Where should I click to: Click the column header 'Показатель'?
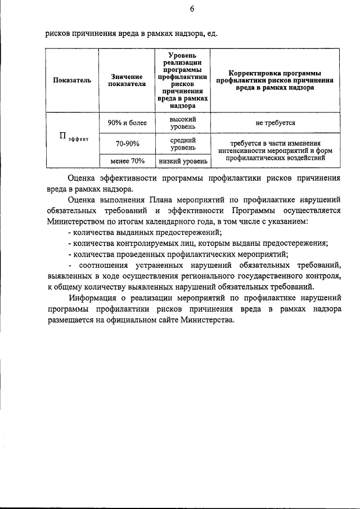tap(72, 80)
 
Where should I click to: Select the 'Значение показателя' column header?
tap(127, 80)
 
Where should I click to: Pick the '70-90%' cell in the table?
tap(127, 144)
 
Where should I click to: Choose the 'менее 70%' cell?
tap(127, 161)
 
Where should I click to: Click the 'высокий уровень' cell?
tap(183, 123)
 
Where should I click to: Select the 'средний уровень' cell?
tap(183, 144)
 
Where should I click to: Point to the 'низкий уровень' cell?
tap(183, 161)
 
